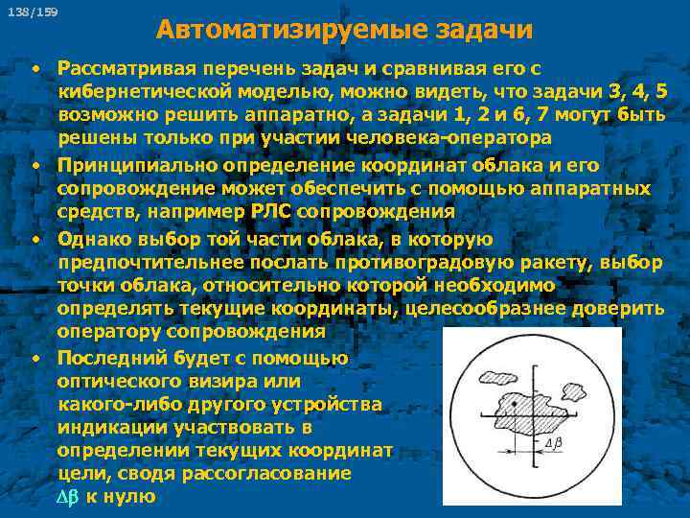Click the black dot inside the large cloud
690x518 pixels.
[x=515, y=407]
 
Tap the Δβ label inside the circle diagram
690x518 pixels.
[x=553, y=445]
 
